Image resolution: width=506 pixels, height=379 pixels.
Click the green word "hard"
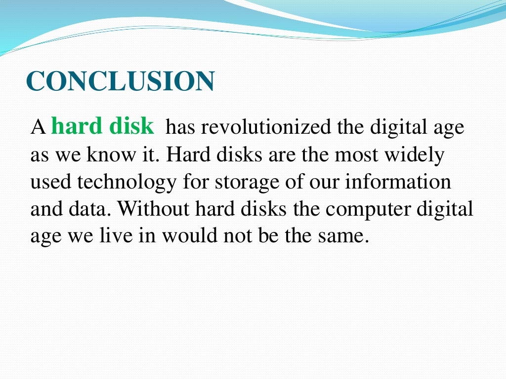tap(77, 126)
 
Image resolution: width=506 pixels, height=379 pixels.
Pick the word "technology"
tap(126, 182)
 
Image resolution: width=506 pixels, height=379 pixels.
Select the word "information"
tap(398, 182)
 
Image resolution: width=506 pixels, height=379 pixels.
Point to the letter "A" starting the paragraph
tap(38, 128)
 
